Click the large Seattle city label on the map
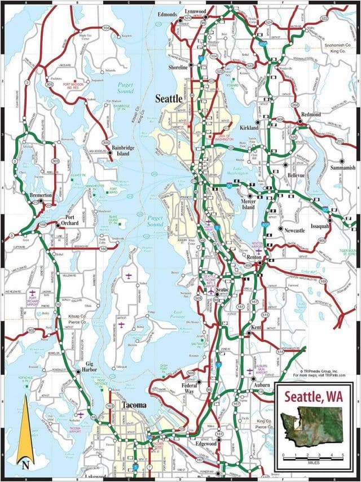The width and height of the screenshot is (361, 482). point(169,99)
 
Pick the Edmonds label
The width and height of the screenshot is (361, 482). point(168,14)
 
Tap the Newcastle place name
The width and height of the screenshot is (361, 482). point(294,230)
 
